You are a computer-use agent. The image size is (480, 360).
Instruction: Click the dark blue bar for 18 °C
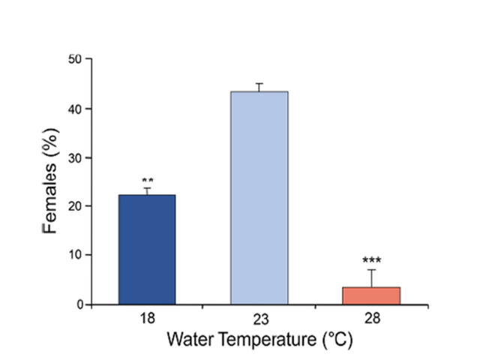pyautogui.click(x=147, y=250)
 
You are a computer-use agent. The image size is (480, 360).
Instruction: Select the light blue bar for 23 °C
pyautogui.click(x=259, y=198)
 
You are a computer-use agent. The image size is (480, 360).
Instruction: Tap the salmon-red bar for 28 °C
pyautogui.click(x=371, y=295)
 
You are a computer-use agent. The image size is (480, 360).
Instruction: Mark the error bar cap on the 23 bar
pyautogui.click(x=259, y=84)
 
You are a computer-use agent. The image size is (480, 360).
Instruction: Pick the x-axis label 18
pyautogui.click(x=147, y=318)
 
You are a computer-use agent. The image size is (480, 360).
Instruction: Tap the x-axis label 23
pyautogui.click(x=259, y=318)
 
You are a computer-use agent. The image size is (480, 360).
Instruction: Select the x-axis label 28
pyautogui.click(x=371, y=318)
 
